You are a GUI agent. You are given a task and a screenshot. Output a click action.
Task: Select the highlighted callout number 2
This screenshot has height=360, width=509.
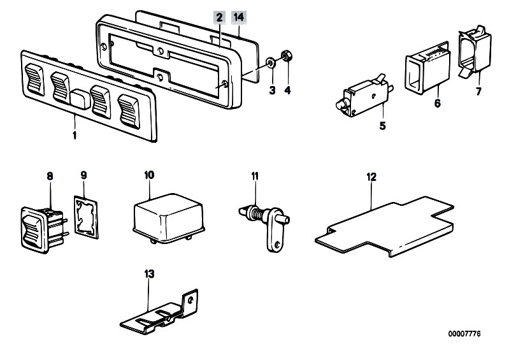pos(219,17)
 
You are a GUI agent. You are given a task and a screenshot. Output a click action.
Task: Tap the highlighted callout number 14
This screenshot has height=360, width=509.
pos(239,17)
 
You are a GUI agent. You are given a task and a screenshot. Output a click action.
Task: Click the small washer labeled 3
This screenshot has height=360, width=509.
pos(271,62)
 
